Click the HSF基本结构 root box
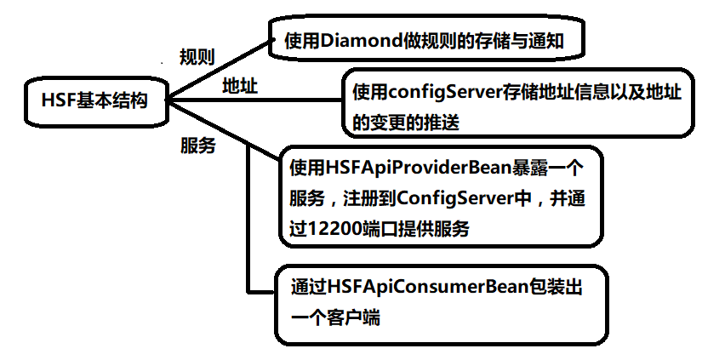click(x=94, y=100)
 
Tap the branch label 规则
click(x=197, y=57)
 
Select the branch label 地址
click(x=240, y=86)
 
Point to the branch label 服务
click(x=197, y=145)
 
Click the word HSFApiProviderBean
click(x=405, y=167)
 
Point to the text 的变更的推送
click(x=405, y=122)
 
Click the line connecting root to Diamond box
click(x=221, y=69)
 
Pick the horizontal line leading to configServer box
click(x=255, y=100)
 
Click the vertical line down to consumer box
click(x=247, y=221)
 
